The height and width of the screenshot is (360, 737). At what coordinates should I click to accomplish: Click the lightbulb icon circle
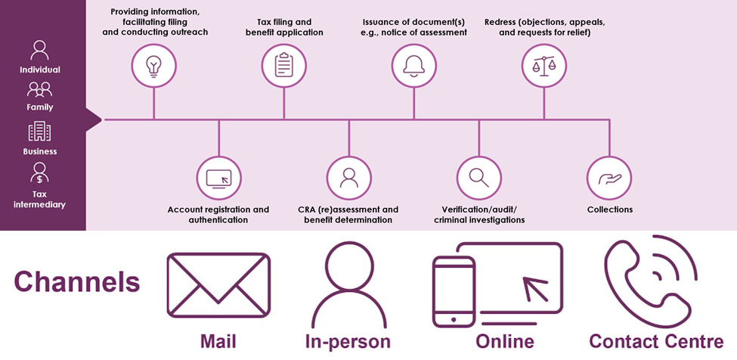click(153, 66)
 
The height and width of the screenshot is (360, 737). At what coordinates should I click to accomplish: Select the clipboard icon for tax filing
click(283, 66)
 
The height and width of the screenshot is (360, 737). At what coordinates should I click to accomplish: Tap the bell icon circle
click(413, 66)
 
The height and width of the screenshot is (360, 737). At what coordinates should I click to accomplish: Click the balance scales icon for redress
click(543, 66)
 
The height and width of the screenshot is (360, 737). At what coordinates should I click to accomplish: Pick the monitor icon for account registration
click(218, 178)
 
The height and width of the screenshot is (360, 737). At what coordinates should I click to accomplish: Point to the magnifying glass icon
click(478, 178)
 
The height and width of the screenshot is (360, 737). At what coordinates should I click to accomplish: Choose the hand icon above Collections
click(608, 178)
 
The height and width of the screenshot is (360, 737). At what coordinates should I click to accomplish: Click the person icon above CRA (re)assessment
click(348, 178)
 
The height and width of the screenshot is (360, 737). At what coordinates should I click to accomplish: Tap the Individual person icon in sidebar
click(39, 50)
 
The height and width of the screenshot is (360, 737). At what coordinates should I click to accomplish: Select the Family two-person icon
click(39, 90)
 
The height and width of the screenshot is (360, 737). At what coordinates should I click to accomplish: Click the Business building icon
click(39, 132)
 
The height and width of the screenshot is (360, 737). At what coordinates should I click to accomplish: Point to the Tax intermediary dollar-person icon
click(39, 173)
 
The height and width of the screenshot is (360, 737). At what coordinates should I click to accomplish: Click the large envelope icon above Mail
click(218, 284)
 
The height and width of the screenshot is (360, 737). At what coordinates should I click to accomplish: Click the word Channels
click(77, 282)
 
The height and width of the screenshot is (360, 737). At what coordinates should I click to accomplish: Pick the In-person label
click(348, 341)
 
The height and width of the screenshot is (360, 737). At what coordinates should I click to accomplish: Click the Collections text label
click(609, 209)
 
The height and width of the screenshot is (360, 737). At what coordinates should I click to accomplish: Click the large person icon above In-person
click(348, 284)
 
